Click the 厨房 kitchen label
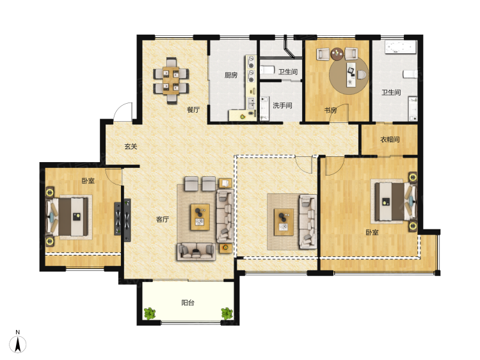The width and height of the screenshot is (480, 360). pos(231,75)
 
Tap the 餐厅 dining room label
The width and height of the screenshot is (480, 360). pos(193,110)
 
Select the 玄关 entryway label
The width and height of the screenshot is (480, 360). pos(131,147)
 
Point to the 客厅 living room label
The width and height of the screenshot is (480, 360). pos(163,219)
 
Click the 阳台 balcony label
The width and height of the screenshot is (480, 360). pos(188,303)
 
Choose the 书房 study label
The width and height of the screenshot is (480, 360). pos(331,110)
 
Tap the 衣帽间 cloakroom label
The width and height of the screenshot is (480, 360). pos(390,140)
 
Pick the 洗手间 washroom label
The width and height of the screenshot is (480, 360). pos(282,106)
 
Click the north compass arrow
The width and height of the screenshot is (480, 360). pos(18,344)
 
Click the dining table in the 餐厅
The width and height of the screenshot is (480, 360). pos(171,80)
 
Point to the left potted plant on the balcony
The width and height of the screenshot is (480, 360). pos(150,313)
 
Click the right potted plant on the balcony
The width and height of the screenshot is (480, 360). pos(227,313)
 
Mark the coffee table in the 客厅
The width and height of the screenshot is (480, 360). pos(200,217)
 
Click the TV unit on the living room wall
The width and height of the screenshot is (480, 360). pos(127,217)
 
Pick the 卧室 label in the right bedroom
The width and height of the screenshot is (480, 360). pos(372,233)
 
